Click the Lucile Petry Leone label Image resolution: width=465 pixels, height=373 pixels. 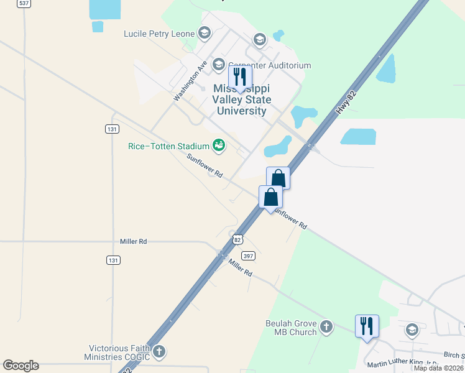click(159, 34)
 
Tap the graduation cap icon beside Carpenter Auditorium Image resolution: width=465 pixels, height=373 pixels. click(218, 65)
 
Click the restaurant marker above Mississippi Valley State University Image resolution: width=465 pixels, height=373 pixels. click(239, 77)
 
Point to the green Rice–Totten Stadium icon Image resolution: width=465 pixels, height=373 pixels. click(219, 145)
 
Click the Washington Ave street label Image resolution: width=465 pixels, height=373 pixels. click(190, 81)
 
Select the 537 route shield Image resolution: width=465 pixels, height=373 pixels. click(24, 3)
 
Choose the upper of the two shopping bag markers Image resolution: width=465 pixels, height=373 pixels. click(278, 178)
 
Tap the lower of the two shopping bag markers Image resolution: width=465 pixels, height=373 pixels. click(270, 196)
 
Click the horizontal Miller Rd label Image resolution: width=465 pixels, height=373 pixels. click(133, 241)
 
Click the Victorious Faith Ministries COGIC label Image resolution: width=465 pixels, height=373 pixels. click(117, 352)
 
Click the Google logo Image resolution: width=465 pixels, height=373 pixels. click(21, 366)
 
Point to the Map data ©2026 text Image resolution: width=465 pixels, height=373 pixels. click(439, 369)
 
